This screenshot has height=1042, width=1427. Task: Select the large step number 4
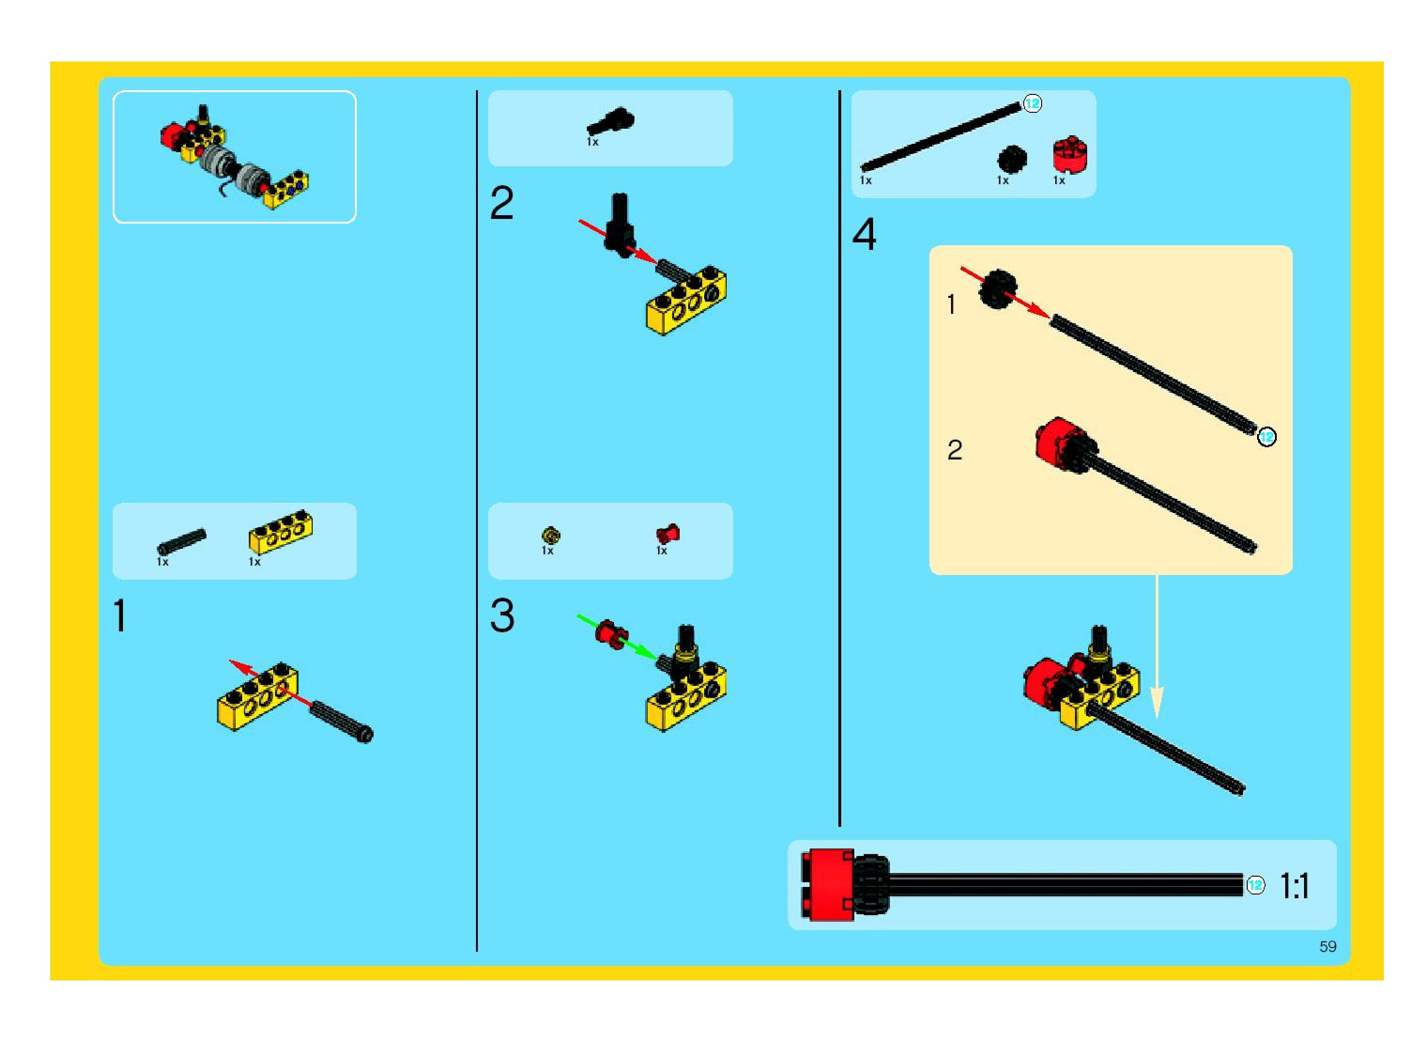click(864, 234)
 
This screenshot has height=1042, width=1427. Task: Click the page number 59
click(1327, 946)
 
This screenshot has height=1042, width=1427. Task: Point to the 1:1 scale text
click(1295, 886)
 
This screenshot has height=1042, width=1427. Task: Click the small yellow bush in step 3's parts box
click(550, 536)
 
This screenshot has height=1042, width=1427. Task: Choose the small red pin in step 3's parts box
click(667, 534)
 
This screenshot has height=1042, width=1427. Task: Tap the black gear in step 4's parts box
click(1012, 158)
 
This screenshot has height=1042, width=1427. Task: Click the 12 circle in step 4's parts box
click(1032, 103)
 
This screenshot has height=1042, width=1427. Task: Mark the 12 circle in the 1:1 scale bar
click(1256, 885)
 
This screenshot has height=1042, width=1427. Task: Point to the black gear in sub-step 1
click(997, 289)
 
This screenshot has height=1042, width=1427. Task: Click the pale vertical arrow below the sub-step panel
click(1157, 650)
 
